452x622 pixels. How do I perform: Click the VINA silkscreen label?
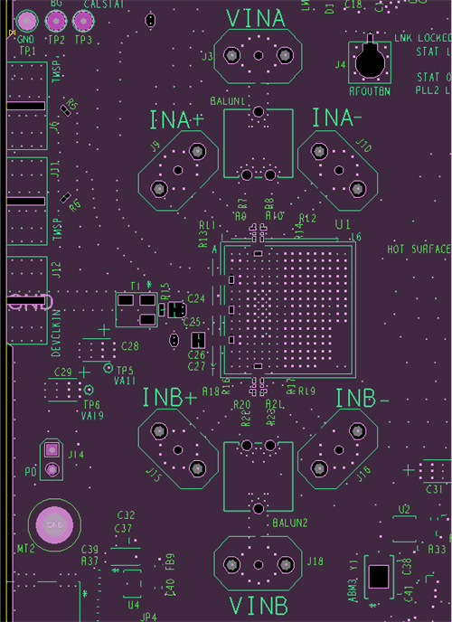[257, 17]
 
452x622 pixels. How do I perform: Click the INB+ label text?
[169, 398]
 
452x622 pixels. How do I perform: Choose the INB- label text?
[362, 399]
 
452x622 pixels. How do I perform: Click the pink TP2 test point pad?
[55, 21]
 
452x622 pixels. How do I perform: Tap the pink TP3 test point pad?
[83, 21]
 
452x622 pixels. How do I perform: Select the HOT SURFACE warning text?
[419, 249]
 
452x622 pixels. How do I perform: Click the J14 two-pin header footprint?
[52, 459]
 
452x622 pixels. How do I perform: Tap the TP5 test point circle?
[108, 369]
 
